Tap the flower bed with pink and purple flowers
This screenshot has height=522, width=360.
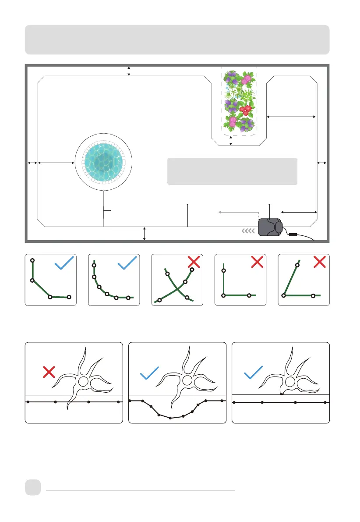[239, 101]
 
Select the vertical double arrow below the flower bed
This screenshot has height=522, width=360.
[231, 140]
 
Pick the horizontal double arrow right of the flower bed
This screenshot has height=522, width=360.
[291, 117]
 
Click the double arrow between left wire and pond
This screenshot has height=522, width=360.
[56, 163]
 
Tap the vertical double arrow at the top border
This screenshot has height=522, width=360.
[129, 71]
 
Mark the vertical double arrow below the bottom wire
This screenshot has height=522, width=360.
[145, 234]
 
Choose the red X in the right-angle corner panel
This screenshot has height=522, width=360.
[257, 262]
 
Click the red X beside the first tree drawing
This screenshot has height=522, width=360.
[49, 373]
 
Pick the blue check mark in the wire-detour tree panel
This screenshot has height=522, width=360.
[149, 373]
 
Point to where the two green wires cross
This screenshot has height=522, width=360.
[176, 289]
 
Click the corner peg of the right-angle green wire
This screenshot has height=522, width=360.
[224, 295]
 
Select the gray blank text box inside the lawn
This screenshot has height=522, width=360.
[232, 171]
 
